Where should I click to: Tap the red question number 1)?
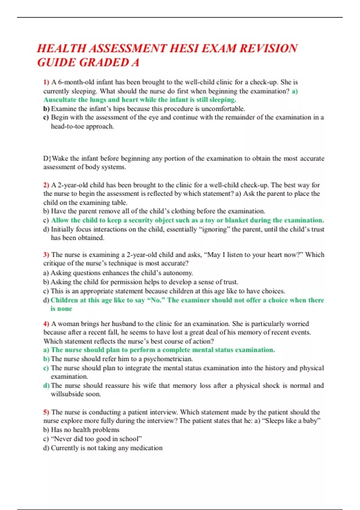[46, 82]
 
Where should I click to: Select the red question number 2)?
[46, 185]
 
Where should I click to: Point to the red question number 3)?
[46, 255]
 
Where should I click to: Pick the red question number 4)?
[46, 324]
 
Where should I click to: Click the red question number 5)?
[46, 412]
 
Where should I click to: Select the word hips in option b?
[119, 109]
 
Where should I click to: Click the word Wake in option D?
[60, 158]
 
